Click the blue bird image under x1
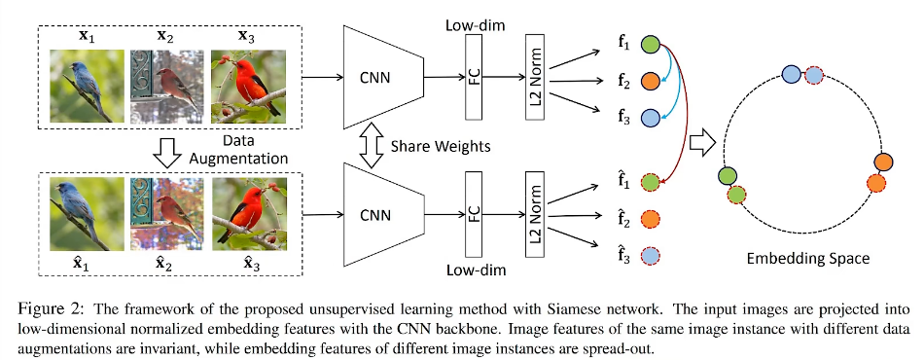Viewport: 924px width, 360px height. pos(87,86)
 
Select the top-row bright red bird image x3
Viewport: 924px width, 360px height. pos(248,86)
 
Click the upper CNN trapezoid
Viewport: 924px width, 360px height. pos(383,77)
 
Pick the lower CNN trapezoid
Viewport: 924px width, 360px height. pos(383,214)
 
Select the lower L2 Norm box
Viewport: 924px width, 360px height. pos(534,214)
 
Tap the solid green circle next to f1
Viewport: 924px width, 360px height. pos(649,44)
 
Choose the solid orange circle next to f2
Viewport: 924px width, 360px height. pos(649,82)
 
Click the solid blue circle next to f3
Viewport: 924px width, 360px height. pos(649,118)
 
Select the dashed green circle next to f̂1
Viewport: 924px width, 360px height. pos(650,183)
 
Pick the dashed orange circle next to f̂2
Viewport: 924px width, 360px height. pos(650,219)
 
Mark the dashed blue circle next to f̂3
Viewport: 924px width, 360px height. pos(650,256)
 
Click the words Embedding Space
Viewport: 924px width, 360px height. pos(807,258)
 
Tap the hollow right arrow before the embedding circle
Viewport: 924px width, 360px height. pos(702,144)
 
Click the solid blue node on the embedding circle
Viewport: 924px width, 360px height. pos(791,75)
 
